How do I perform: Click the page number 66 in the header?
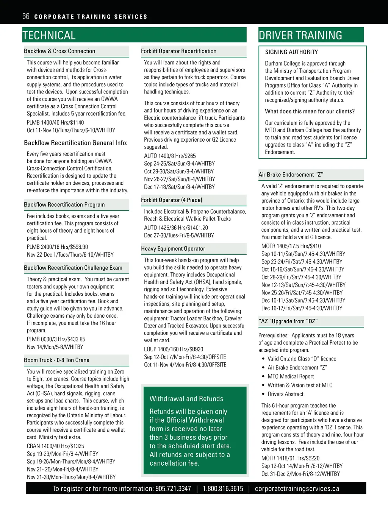coord(26,16)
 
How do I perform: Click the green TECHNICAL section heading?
coord(49,36)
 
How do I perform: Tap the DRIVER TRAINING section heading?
coord(300,36)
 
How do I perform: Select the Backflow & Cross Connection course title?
coord(59,51)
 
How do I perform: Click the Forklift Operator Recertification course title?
coord(178,51)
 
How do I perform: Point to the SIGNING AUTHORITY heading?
coord(291,52)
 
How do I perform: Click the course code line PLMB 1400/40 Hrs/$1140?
coord(55,123)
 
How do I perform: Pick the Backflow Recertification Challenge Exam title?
coord(73,268)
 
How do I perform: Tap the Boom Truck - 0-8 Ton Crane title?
coord(56,360)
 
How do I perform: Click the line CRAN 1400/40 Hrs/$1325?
coord(55,446)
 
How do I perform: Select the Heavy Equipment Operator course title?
coord(173,249)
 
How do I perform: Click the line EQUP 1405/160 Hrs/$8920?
coord(174,349)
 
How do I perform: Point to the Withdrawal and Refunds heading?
coord(186,399)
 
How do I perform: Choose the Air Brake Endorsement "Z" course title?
coord(291,175)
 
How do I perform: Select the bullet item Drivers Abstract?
coord(285,394)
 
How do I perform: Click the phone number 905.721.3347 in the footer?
coord(173,488)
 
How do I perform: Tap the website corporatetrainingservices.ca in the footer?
coord(297,488)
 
